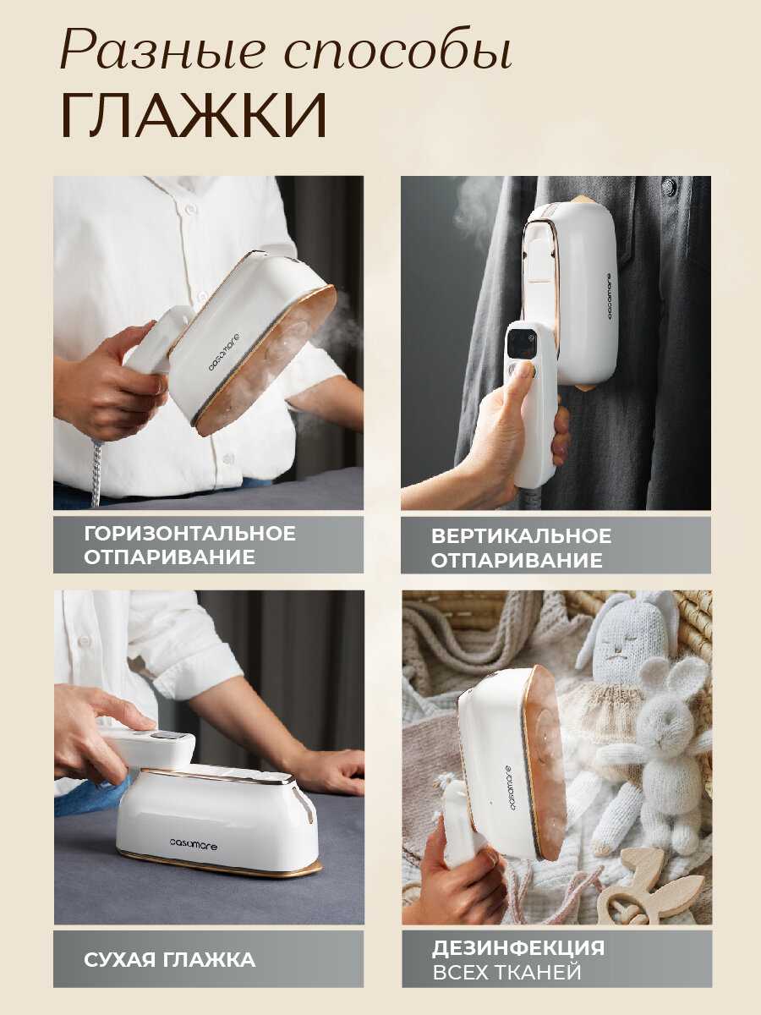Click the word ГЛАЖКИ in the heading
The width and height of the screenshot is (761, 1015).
click(x=194, y=116)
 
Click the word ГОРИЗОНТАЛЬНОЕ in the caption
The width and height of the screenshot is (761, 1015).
click(x=190, y=533)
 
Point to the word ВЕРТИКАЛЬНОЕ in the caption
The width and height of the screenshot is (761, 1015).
click(x=521, y=536)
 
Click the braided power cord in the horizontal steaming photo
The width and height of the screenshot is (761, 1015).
click(x=96, y=473)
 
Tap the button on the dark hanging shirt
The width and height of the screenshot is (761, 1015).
click(x=669, y=185)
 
